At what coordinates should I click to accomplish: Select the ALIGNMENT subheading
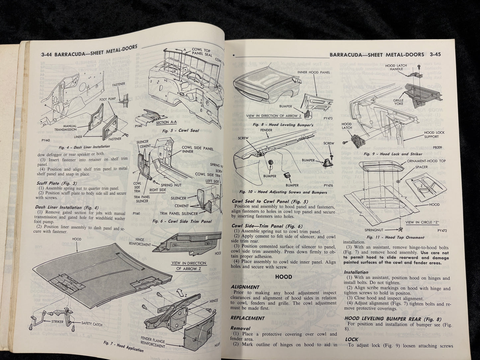[x=245, y=287]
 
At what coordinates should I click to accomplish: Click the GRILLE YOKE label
[x=398, y=101]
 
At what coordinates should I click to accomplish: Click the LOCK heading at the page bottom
[x=351, y=340]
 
